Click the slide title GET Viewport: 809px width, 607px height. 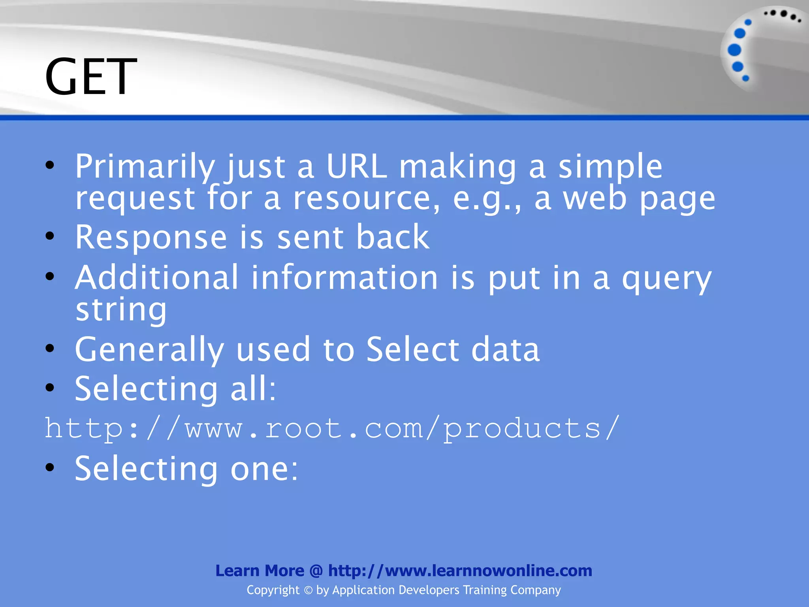(90, 76)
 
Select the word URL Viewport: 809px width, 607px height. (356, 166)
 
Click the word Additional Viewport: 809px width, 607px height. (157, 277)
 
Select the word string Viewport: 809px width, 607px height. (121, 310)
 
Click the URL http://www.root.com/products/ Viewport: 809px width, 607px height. (332, 428)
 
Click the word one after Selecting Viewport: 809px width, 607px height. (264, 469)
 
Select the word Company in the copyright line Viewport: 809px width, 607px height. (535, 590)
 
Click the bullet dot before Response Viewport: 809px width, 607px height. (50, 236)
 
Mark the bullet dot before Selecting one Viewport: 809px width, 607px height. (50, 468)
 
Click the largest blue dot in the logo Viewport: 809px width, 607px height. (734, 50)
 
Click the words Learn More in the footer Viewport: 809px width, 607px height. (260, 571)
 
